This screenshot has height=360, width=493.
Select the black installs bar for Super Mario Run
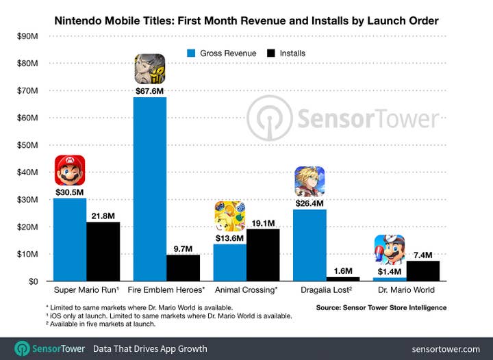(x=103, y=251)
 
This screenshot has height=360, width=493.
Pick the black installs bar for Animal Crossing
(x=262, y=255)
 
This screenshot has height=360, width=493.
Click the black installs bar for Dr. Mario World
(x=422, y=270)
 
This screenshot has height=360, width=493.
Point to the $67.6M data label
(x=149, y=90)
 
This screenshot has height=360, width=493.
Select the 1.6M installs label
(x=342, y=270)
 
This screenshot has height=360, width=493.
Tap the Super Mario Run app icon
(x=70, y=170)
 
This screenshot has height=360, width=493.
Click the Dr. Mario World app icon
(x=389, y=249)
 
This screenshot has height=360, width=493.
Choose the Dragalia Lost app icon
(x=309, y=181)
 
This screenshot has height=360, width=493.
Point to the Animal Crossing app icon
(x=229, y=216)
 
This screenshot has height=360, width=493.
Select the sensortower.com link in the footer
(x=446, y=348)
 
